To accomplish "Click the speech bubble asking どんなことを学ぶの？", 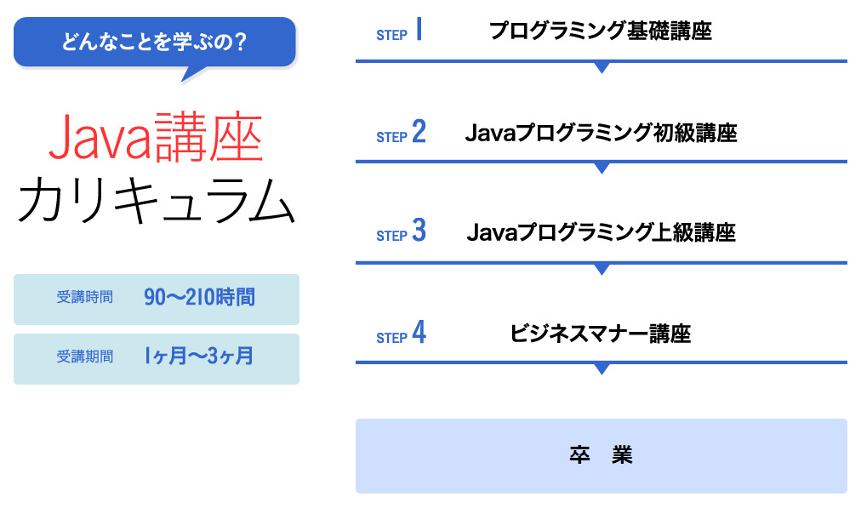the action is click(155, 43).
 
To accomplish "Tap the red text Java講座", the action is click(156, 137).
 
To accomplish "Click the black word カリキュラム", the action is click(157, 201).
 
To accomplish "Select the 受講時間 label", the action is click(84, 297).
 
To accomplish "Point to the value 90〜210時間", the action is click(199, 297).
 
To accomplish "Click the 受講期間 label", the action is click(84, 357).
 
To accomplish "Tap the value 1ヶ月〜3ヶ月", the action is click(199, 356).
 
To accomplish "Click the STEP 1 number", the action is click(419, 29).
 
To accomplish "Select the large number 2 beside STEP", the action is click(419, 132).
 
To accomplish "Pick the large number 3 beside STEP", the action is click(419, 231).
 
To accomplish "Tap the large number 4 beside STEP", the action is click(419, 332).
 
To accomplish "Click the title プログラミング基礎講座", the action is click(600, 31).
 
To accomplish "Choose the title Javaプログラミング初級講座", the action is click(601, 133).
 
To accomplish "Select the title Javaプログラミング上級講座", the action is click(601, 232).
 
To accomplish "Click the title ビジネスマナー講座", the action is click(600, 334).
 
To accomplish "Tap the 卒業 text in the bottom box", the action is click(601, 455).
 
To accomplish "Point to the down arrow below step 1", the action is click(602, 67).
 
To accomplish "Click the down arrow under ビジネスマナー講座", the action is click(602, 368).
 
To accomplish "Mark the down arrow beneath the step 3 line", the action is click(602, 269).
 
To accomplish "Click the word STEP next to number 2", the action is click(391, 137).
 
